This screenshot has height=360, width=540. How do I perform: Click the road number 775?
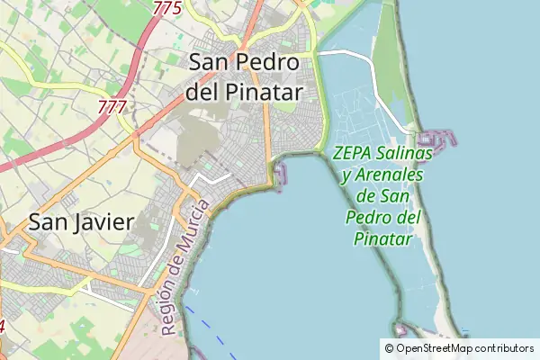(167, 8)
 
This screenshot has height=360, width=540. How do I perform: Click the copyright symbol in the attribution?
(389, 348)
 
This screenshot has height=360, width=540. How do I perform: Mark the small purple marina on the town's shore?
(282, 172)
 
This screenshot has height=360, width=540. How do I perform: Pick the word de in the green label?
(366, 195)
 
